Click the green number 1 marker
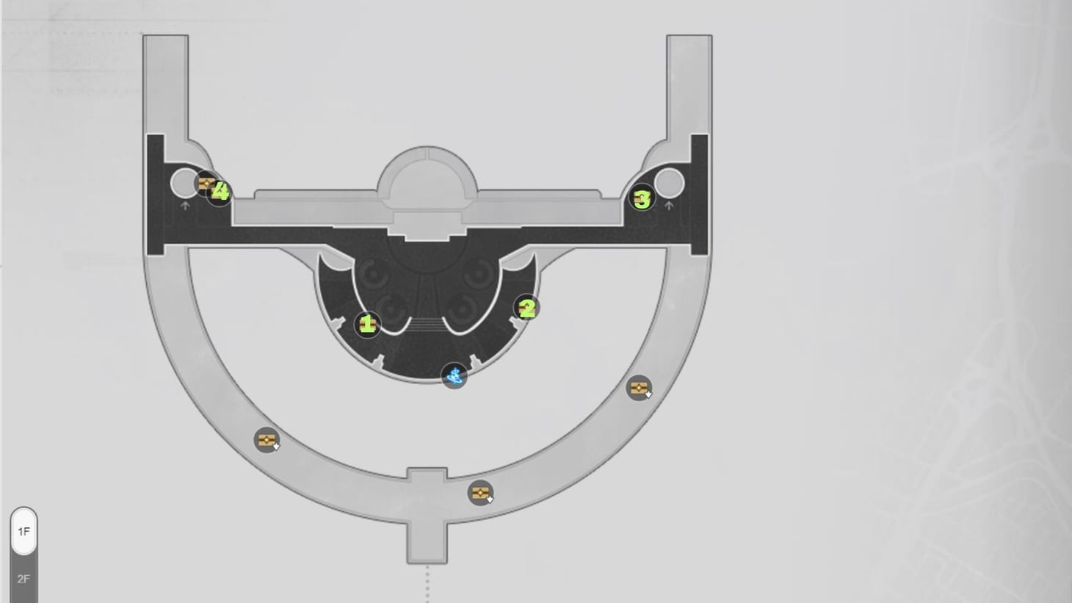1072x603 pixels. pyautogui.click(x=367, y=325)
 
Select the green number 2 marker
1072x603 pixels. pyautogui.click(x=526, y=308)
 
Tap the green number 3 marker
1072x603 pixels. pyautogui.click(x=642, y=198)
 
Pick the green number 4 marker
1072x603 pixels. pyautogui.click(x=220, y=192)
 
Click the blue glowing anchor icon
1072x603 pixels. pyautogui.click(x=454, y=375)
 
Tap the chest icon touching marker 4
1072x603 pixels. pyautogui.click(x=206, y=184)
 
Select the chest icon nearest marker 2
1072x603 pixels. pyautogui.click(x=639, y=388)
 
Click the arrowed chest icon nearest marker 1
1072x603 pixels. pyautogui.click(x=267, y=440)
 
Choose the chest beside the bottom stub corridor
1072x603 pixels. pyautogui.click(x=480, y=492)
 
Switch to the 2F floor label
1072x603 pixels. pyautogui.click(x=23, y=579)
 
